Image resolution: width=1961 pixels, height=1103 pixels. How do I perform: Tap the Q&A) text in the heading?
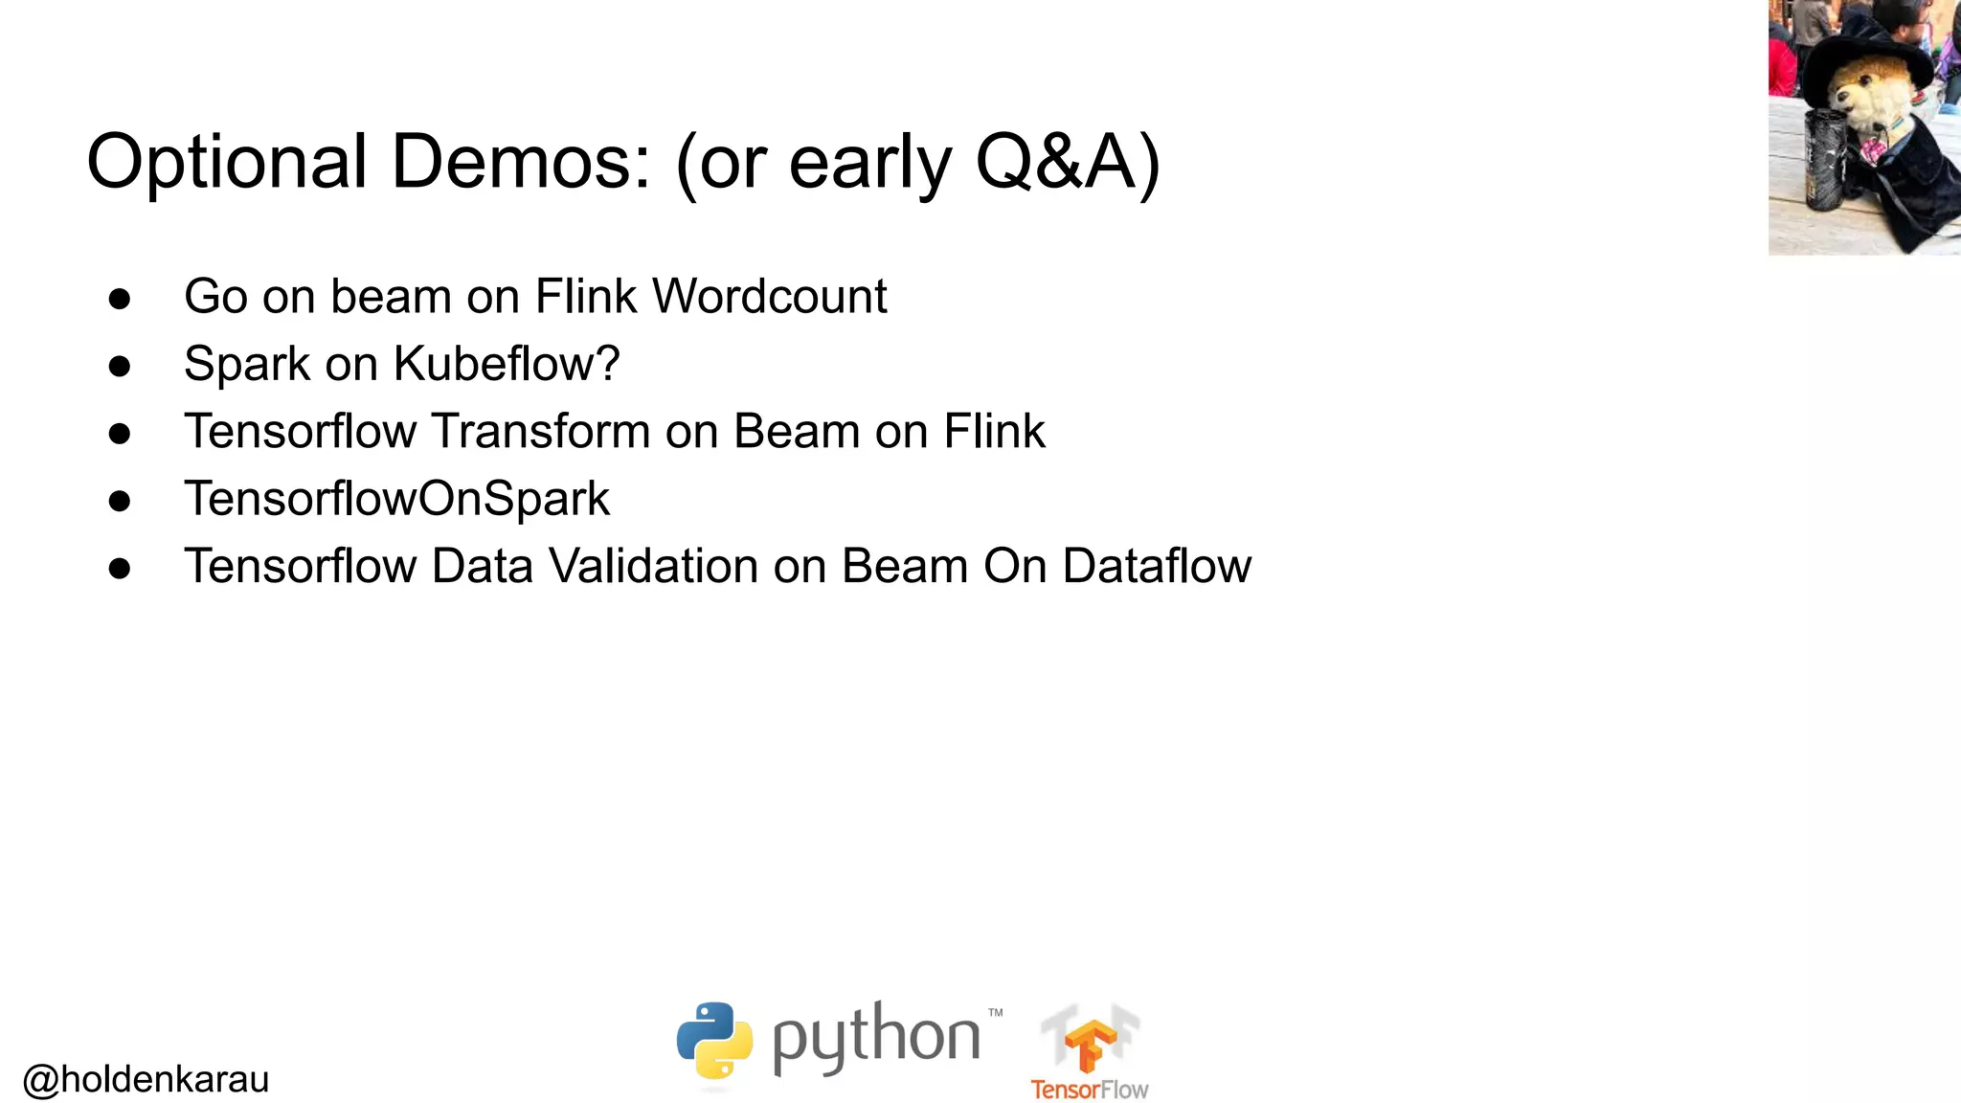click(1067, 163)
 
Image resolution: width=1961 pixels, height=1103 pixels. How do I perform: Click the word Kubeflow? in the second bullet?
click(507, 364)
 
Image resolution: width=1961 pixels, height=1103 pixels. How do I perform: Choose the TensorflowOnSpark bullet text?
click(396, 499)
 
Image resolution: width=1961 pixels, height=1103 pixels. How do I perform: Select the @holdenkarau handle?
click(146, 1079)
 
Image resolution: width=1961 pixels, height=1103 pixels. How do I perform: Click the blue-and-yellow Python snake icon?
click(714, 1041)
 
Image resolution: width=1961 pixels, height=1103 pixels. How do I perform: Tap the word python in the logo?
click(876, 1039)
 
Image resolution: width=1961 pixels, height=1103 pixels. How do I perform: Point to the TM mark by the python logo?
click(995, 1012)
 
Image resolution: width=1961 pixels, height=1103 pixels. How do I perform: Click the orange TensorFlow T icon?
click(1090, 1044)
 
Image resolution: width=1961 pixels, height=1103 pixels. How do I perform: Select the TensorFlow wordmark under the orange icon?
click(1090, 1090)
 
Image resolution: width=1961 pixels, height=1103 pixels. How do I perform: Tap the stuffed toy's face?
click(1862, 101)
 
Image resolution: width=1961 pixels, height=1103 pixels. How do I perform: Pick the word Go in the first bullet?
click(215, 296)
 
